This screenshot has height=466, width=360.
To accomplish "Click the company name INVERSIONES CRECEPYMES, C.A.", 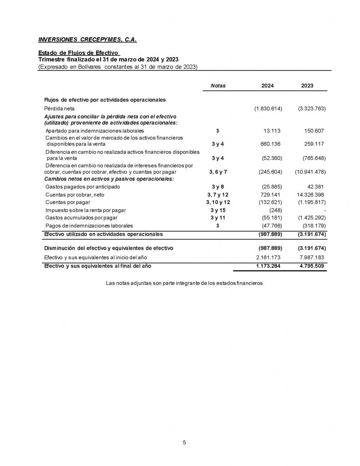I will (87, 40).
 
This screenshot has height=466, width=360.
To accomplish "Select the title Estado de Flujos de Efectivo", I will (78, 53).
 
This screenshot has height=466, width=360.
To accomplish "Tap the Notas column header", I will (218, 86).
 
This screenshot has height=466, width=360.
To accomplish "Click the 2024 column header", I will (268, 86).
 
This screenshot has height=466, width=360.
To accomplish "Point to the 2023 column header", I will (307, 86).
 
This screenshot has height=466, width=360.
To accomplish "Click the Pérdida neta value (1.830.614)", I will (268, 109).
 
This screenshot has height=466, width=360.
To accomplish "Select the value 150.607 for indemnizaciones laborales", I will (314, 131).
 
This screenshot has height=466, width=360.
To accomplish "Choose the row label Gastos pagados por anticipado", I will (83, 187).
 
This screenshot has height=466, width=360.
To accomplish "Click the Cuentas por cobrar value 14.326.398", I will (309, 194).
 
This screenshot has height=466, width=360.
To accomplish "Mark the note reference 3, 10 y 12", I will (218, 202).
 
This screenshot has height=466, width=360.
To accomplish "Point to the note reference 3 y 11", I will (218, 218).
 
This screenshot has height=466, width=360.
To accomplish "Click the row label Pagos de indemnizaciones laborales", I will (89, 225).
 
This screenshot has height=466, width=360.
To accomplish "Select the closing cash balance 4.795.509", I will (311, 265).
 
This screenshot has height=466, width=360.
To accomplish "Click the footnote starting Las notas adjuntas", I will (184, 283).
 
